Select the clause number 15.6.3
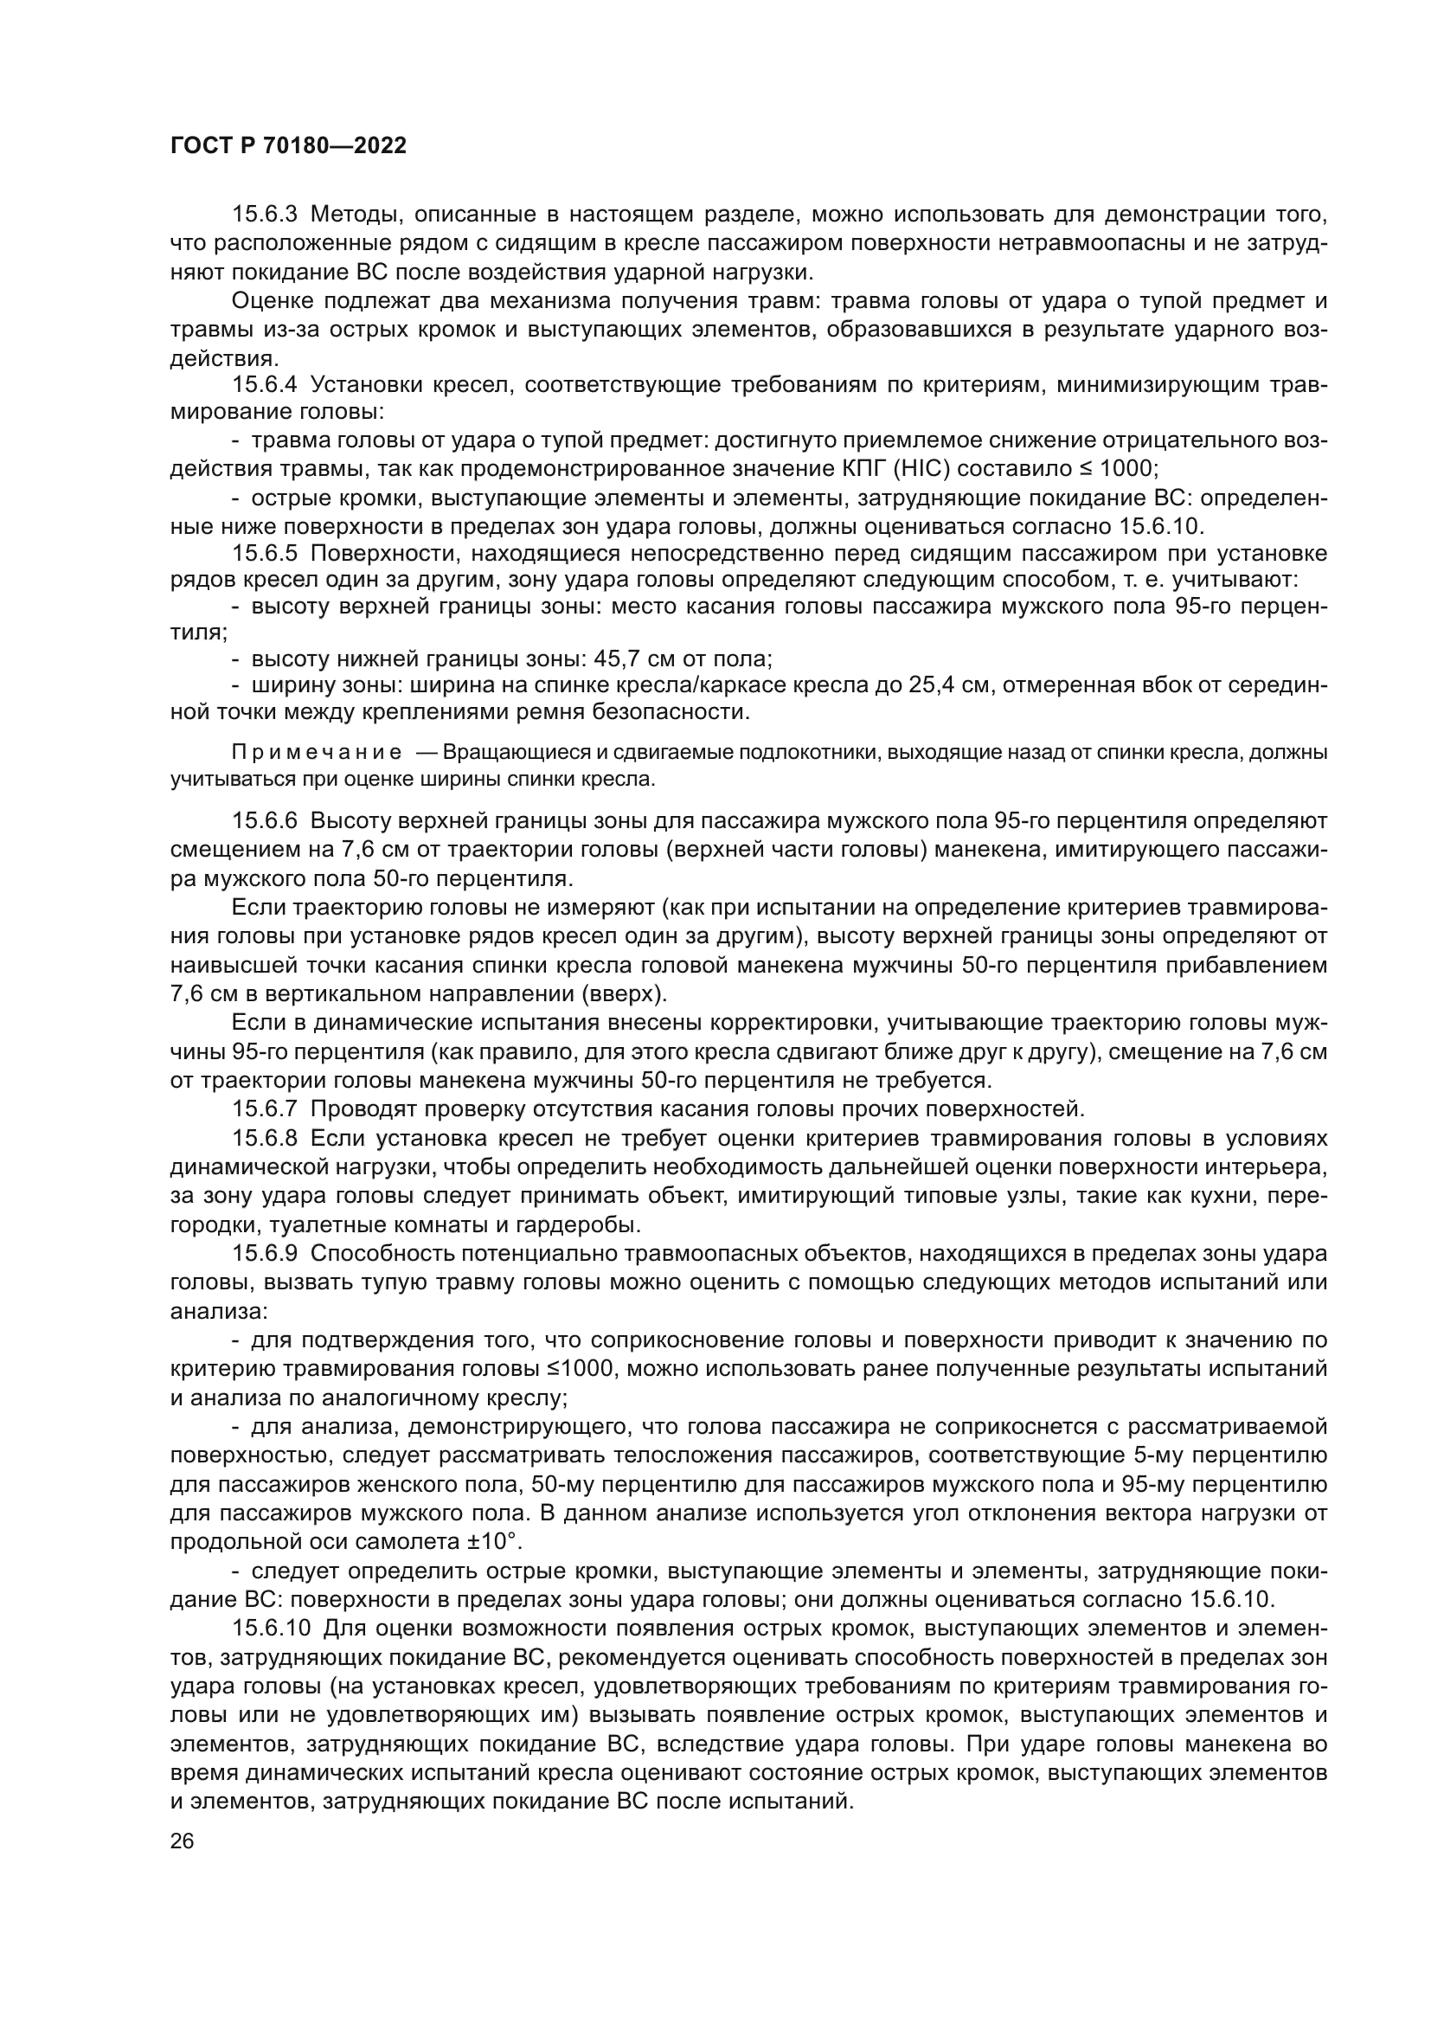pos(266,215)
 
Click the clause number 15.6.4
pos(266,384)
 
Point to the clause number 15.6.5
pos(266,554)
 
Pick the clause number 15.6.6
pos(266,820)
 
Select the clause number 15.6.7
pos(266,1108)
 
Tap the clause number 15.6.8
pos(266,1138)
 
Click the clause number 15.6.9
pos(266,1253)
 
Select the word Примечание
pos(318,753)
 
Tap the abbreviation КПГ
pos(837,468)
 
